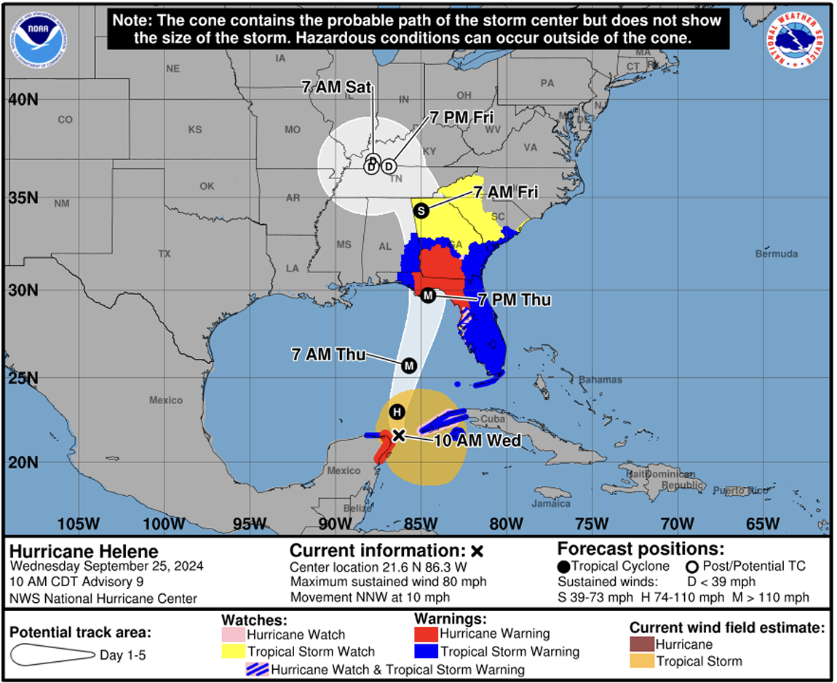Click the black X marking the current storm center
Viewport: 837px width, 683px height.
point(398,435)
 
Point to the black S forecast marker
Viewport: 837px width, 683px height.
point(420,210)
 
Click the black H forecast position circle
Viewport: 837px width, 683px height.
point(397,412)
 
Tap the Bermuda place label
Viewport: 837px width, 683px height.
point(776,254)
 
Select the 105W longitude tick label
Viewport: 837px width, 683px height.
point(78,524)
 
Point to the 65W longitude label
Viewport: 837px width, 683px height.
point(762,524)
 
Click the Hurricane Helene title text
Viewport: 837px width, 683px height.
point(84,552)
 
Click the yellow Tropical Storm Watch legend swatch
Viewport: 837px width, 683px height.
point(233,652)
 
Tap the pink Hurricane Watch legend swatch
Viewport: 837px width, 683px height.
point(233,635)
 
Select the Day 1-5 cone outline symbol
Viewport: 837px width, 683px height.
point(50,655)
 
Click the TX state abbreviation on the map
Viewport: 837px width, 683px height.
point(164,254)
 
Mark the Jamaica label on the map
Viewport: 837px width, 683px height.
point(552,503)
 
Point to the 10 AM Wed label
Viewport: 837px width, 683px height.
point(477,441)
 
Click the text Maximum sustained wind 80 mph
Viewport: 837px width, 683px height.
point(388,582)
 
